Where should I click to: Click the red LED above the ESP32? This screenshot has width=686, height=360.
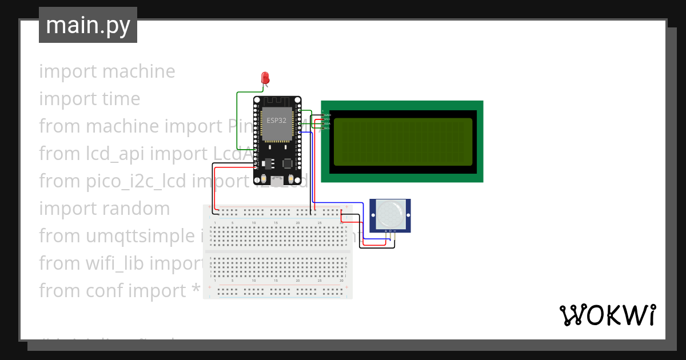pyautogui.click(x=265, y=78)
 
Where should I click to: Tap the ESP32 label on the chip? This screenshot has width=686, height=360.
pyautogui.click(x=277, y=121)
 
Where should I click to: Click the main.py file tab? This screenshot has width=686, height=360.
pyautogui.click(x=88, y=25)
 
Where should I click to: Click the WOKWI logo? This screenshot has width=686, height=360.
pyautogui.click(x=607, y=315)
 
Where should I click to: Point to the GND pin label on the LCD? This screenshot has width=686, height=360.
pyautogui.click(x=328, y=115)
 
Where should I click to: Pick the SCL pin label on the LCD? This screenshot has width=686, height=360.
pyautogui.click(x=328, y=128)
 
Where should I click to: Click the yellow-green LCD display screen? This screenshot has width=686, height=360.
pyautogui.click(x=402, y=142)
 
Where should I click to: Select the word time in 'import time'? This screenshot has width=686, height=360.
pyautogui.click(x=121, y=99)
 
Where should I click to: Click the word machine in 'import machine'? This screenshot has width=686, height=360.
pyautogui.click(x=139, y=71)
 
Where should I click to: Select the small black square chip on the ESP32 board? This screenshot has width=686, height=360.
pyautogui.click(x=288, y=163)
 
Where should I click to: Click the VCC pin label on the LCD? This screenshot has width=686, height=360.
pyautogui.click(x=328, y=119)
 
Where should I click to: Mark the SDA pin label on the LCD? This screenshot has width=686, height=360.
pyautogui.click(x=328, y=123)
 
